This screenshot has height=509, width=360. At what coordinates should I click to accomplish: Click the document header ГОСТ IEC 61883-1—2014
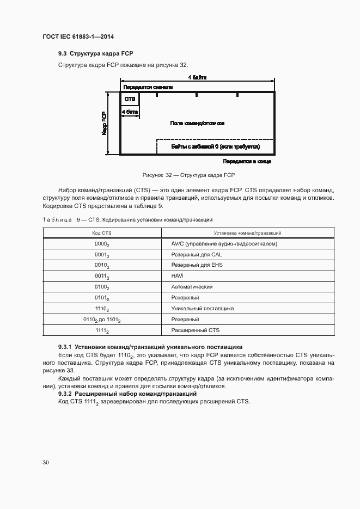(x=78, y=36)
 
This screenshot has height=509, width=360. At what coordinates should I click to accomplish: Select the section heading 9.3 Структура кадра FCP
(x=95, y=54)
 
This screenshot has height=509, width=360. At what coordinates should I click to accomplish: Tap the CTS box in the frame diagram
(x=130, y=99)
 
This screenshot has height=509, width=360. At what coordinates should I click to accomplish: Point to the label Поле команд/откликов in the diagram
(x=197, y=124)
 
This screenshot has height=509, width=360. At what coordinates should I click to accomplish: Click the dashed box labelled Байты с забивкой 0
(x=215, y=147)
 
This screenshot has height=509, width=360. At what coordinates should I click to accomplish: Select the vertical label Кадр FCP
(x=103, y=124)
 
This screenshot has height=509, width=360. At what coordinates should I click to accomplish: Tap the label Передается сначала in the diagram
(x=148, y=87)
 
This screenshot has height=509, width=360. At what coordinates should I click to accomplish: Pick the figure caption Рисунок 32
(x=188, y=175)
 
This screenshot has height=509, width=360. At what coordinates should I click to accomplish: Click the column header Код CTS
(x=102, y=233)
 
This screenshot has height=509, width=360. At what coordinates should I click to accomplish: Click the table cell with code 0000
(x=102, y=244)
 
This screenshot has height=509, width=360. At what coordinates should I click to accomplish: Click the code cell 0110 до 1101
(x=102, y=320)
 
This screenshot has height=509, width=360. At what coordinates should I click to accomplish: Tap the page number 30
(x=46, y=462)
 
